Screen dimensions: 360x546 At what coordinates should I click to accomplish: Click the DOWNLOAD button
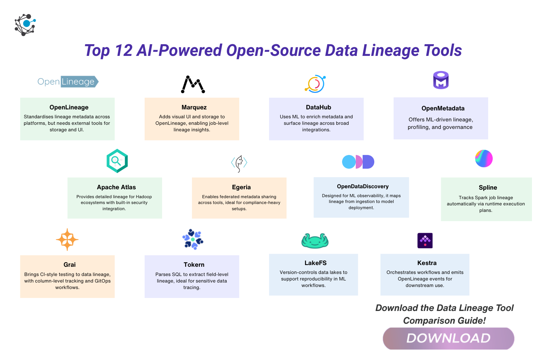point(448,338)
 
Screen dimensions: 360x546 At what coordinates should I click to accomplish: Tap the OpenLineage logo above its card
point(68,82)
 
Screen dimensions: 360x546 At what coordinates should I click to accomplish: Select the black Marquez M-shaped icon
point(193,84)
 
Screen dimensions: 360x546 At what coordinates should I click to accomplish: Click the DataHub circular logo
point(315,84)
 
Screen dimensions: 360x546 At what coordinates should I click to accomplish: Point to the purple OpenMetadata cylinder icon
point(441,80)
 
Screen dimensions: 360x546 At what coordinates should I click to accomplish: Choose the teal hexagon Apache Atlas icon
point(117,161)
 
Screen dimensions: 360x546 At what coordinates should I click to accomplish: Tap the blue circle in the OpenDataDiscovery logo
point(349,162)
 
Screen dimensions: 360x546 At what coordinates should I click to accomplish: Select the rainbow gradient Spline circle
point(484,158)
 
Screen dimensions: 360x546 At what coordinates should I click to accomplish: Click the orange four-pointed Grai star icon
point(67,239)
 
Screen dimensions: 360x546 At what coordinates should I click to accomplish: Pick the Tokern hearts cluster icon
point(193,239)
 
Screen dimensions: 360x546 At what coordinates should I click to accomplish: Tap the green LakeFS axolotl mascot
point(315,241)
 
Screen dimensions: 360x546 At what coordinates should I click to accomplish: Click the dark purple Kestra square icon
point(425,240)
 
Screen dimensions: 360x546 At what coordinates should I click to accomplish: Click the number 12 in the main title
point(124,50)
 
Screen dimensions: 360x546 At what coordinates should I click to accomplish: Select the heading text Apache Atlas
point(116,187)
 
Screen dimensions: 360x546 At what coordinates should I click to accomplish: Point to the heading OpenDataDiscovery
point(363,187)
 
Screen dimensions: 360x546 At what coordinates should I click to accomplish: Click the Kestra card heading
point(427,263)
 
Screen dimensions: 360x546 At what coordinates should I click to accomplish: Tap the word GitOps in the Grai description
point(102,281)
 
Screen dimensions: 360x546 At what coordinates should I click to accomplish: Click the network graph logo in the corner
point(25,25)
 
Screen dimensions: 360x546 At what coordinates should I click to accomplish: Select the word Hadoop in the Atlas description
point(144,197)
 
